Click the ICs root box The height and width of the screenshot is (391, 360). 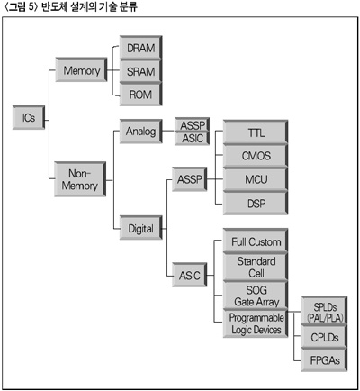click(29, 117)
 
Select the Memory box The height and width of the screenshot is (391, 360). click(81, 69)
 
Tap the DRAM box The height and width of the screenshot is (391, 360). click(141, 48)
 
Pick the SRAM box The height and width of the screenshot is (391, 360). click(141, 71)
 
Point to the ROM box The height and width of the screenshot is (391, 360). click(141, 95)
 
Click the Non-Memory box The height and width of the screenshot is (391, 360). click(80, 179)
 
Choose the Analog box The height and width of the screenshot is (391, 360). click(141, 132)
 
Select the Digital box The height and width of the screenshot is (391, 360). click(141, 228)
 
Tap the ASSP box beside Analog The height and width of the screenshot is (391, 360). click(192, 124)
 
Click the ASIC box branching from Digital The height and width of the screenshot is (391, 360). click(190, 275)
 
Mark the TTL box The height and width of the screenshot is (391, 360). click(256, 132)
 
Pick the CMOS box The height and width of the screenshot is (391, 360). click(256, 156)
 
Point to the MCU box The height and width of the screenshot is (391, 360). click(256, 179)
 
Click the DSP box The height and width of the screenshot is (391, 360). click(256, 204)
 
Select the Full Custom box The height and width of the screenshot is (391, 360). click(256, 241)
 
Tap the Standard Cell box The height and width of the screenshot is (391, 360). click(256, 267)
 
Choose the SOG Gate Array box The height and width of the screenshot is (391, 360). click(256, 296)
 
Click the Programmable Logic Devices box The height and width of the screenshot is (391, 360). click(256, 323)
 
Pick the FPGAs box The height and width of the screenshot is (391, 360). click(325, 359)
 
